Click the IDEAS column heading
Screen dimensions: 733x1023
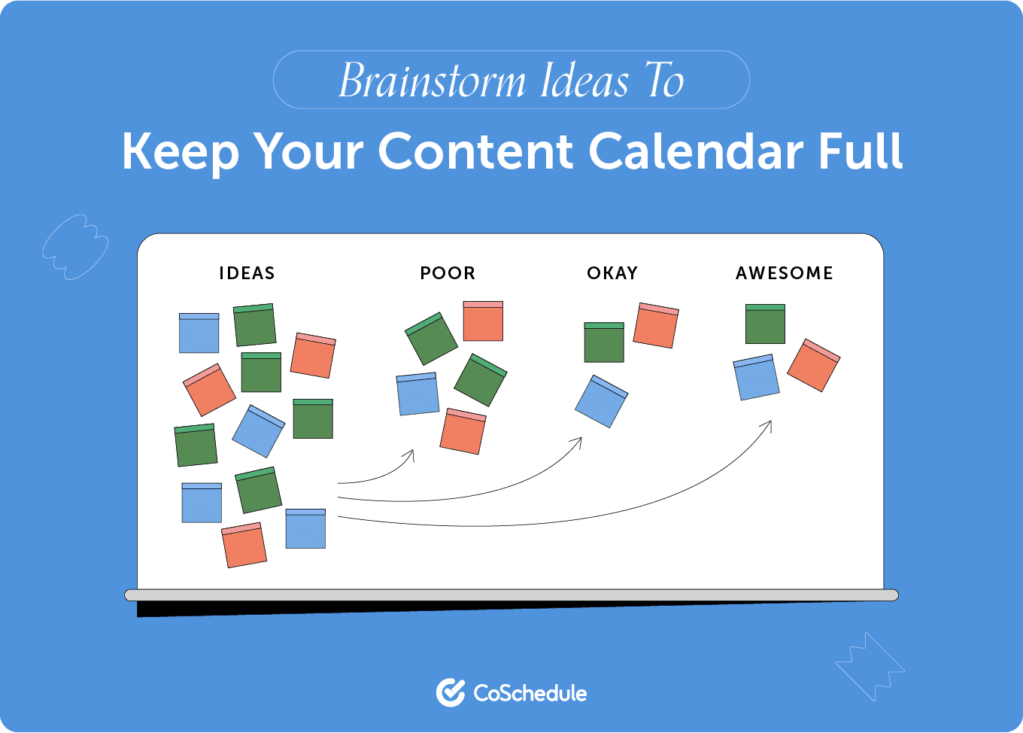coord(247,273)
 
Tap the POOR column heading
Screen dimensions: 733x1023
coord(448,273)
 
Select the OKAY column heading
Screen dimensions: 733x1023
coord(612,273)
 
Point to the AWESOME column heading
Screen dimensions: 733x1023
coord(785,273)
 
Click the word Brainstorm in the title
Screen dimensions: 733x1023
coord(433,81)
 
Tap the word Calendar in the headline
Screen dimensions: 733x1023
coord(696,151)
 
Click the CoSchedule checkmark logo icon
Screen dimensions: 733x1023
coord(451,692)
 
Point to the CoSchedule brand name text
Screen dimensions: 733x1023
coord(530,693)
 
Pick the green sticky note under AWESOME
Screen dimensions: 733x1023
coord(765,324)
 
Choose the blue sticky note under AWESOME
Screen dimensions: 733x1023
coord(757,377)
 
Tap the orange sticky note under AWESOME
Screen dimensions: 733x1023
coord(813,366)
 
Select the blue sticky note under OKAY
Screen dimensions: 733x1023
coord(601,401)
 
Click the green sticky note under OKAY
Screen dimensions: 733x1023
coord(604,342)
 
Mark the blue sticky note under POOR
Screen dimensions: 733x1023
coord(417,394)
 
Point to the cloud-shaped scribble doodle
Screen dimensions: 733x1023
coord(75,247)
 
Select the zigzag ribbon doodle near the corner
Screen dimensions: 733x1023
coord(870,667)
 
